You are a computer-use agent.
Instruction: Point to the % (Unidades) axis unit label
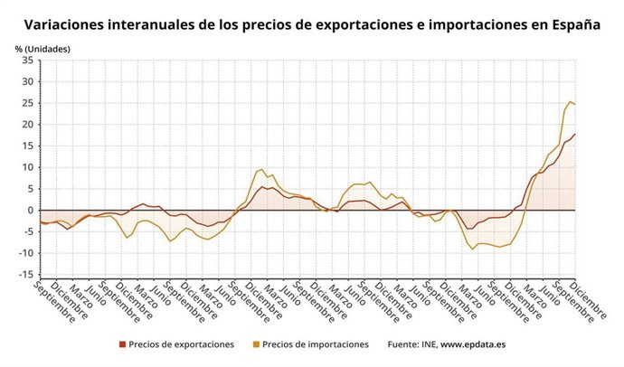tap(42, 48)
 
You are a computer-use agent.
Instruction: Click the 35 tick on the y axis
tap(27, 61)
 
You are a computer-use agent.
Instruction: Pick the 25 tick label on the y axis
tap(27, 103)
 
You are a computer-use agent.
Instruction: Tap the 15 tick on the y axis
tap(27, 146)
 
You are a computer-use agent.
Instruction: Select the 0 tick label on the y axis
tap(30, 211)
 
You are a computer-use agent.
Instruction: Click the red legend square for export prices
tap(122, 344)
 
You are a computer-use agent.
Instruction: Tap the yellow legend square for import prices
tap(256, 344)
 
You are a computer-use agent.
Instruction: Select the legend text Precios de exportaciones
tap(181, 344)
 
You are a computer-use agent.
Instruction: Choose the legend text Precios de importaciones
tap(315, 344)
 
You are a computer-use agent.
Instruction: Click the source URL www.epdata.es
tap(475, 344)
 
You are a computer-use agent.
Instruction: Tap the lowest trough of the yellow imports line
tap(472, 249)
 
